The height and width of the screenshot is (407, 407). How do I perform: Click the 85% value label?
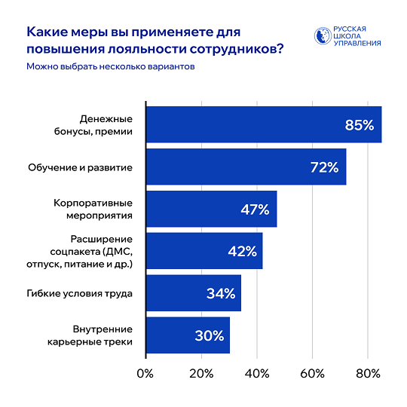[x=360, y=125]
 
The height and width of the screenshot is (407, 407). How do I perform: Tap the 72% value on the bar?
[x=324, y=167]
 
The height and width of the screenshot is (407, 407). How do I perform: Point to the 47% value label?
[x=255, y=210]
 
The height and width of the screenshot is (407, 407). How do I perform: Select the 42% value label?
[x=241, y=252]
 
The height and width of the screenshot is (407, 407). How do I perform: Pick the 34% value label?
[x=220, y=293]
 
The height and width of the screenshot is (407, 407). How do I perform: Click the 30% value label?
[x=209, y=335]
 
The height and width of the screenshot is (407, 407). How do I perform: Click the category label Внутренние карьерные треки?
[x=103, y=335]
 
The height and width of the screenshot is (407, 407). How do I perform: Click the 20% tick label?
[x=200, y=373]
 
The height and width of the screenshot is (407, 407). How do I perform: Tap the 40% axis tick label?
[x=256, y=373]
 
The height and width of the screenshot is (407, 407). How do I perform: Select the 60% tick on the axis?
[x=312, y=373]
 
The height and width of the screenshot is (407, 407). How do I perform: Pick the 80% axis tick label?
[x=368, y=373]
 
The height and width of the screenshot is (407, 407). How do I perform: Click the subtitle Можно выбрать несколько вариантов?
[x=110, y=66]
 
